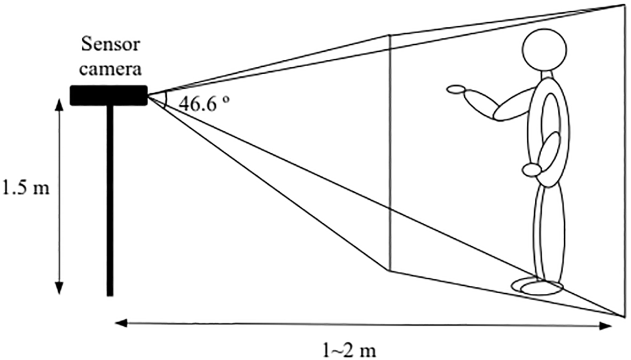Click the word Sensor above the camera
click(110, 44)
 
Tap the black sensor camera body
click(108, 95)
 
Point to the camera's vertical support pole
click(110, 201)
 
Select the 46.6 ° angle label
click(204, 104)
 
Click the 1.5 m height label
click(26, 188)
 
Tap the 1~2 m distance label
click(349, 349)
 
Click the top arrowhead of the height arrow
click(59, 105)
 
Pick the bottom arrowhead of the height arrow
click(59, 288)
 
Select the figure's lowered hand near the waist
click(532, 170)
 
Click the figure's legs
click(549, 233)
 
